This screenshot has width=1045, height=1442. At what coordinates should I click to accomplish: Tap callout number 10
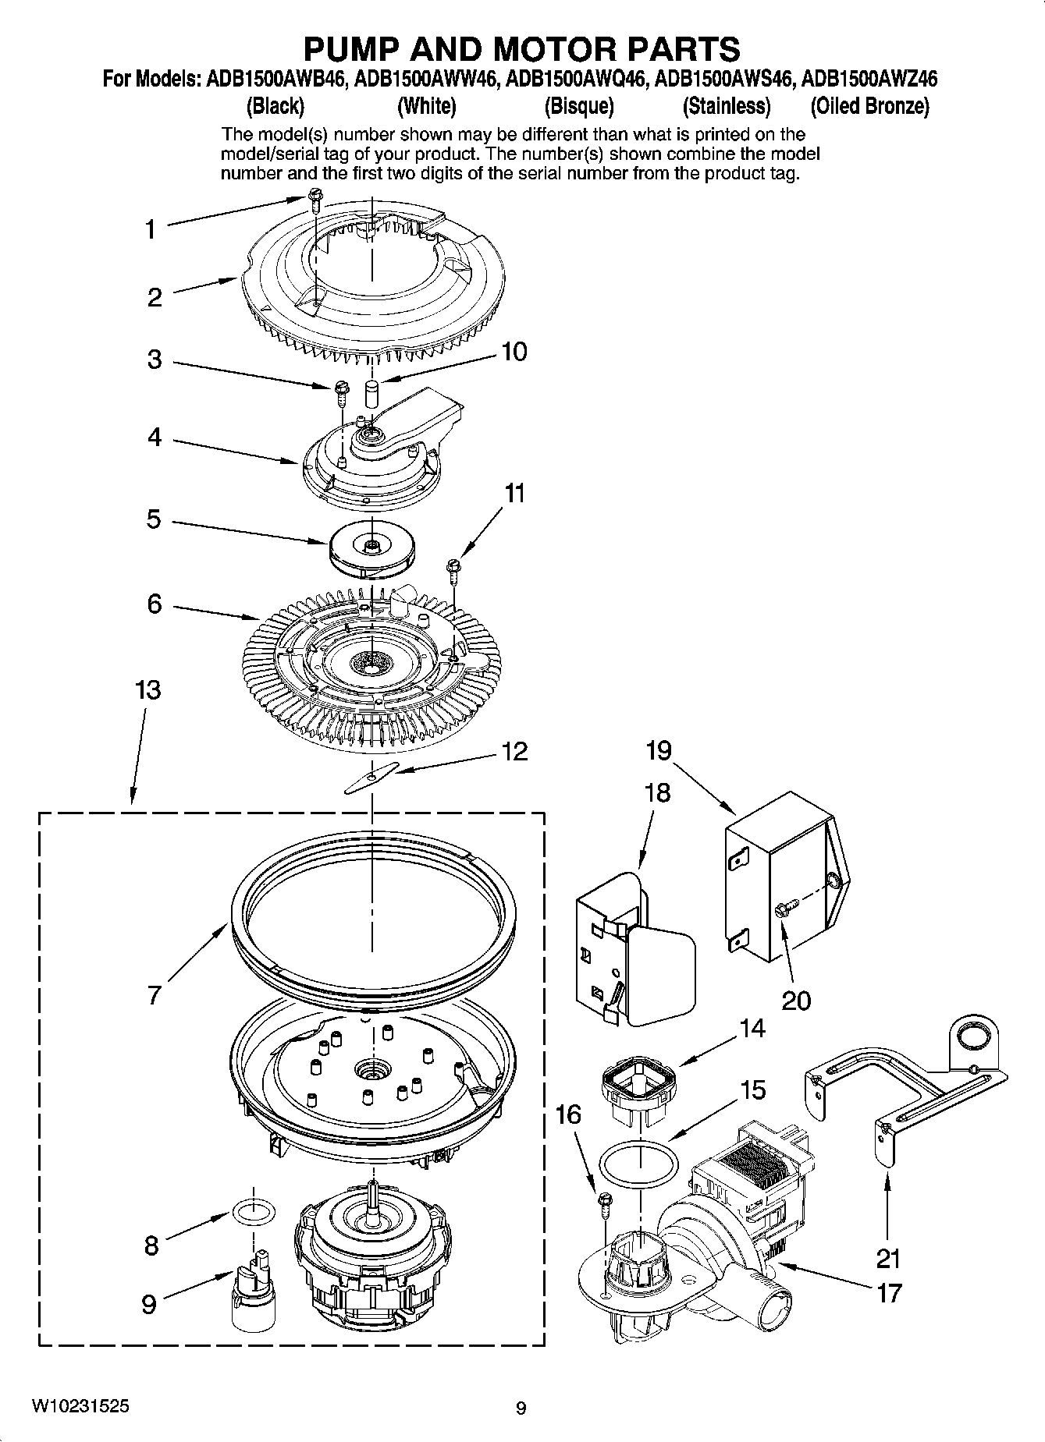tap(514, 352)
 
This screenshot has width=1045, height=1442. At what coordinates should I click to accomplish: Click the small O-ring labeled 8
tap(254, 1212)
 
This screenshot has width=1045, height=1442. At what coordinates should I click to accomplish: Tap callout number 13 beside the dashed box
tap(148, 690)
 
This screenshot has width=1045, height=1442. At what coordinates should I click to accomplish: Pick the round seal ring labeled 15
tap(638, 1166)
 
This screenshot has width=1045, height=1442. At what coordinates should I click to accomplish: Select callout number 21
tap(888, 1258)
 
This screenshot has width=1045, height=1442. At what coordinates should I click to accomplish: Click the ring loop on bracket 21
tap(976, 1036)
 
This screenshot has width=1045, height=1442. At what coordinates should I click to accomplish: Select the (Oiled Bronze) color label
tap(869, 106)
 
